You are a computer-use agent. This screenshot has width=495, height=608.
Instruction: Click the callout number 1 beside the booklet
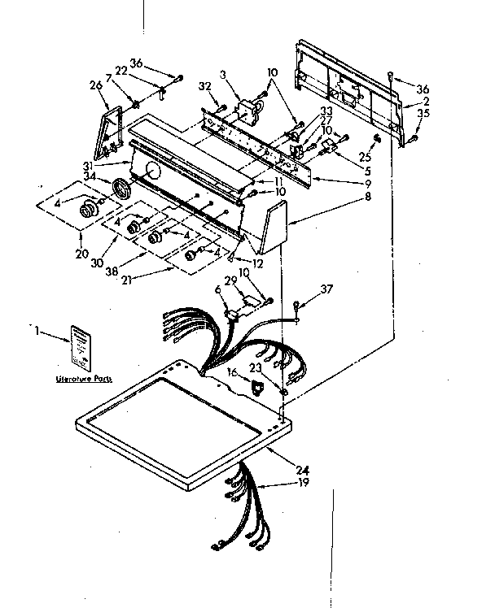pos(37,331)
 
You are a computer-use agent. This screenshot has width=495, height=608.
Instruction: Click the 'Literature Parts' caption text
pos(85,380)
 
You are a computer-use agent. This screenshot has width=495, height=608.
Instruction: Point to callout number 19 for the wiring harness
pos(303,483)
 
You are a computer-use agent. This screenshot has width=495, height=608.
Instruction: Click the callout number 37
pos(326,289)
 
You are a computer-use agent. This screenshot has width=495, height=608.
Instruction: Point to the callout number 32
pos(204,85)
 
